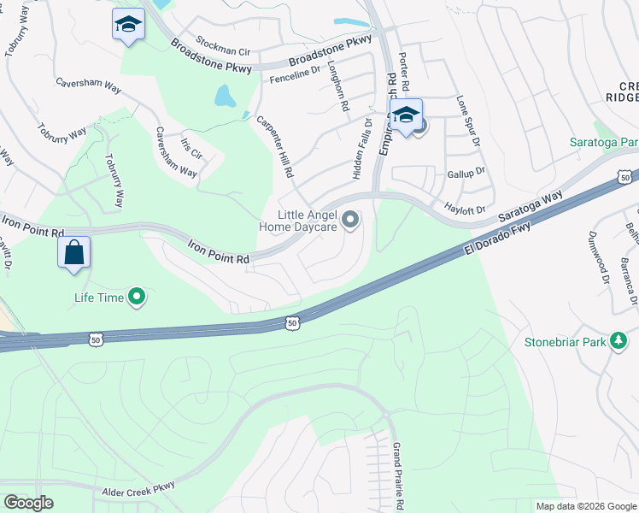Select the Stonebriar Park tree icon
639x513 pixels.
point(619,342)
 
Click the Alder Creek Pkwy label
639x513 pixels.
point(138,487)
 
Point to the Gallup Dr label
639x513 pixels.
point(466,172)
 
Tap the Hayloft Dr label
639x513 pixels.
point(465,208)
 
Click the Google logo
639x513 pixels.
point(28,503)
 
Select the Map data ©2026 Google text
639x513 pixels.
point(585,506)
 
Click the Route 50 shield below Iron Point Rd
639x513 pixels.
point(292,323)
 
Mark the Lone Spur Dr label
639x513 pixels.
point(468,120)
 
